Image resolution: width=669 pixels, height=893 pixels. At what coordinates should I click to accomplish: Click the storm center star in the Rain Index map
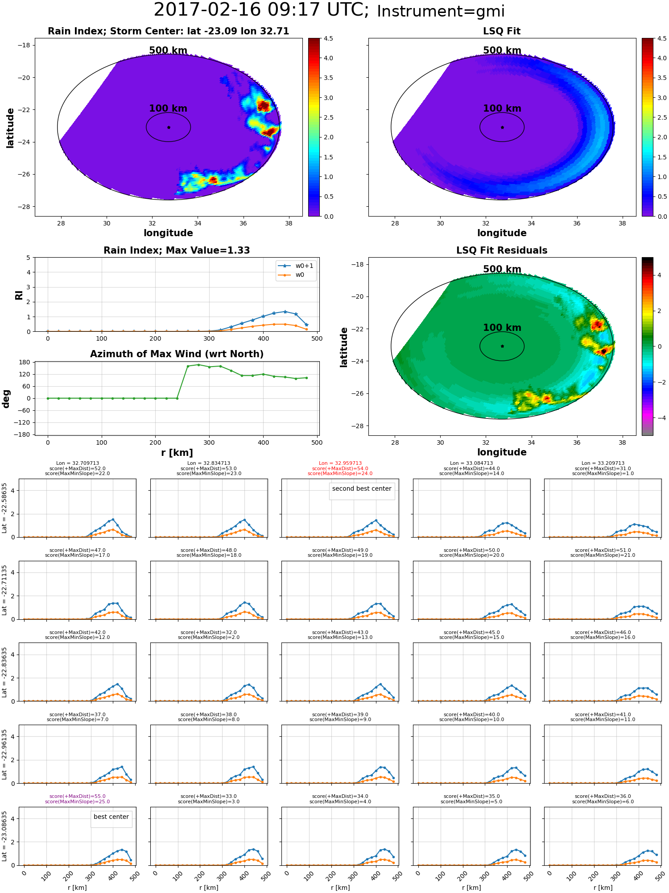tap(169, 127)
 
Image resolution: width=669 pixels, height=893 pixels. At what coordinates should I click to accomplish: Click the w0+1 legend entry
tap(296, 266)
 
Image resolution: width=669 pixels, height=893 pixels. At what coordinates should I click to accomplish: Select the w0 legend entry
tap(296, 275)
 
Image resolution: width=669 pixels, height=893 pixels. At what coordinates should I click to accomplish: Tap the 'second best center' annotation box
tap(362, 489)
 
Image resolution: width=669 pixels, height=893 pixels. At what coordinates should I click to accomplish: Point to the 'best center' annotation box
tap(111, 817)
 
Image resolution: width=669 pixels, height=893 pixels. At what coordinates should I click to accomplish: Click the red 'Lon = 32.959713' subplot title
tap(340, 463)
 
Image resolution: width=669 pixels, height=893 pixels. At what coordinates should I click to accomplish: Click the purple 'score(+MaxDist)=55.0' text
tap(78, 796)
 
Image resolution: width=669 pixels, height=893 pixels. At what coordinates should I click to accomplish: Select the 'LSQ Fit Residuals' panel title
tap(502, 250)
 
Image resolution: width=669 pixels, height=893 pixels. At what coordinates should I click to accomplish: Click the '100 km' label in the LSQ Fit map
tap(502, 108)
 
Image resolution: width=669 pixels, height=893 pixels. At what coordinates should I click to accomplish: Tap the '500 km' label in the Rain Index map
tap(168, 50)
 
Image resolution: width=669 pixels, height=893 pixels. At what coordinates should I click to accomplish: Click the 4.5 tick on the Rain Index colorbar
tap(328, 38)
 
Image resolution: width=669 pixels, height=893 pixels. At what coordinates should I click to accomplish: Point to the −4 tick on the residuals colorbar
tap(659, 418)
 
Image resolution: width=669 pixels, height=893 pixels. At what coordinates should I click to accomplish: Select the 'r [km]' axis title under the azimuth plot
tap(177, 453)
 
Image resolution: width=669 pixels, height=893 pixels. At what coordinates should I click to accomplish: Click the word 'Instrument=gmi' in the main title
tap(441, 11)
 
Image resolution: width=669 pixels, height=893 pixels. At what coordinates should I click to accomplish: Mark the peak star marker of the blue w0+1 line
tap(285, 312)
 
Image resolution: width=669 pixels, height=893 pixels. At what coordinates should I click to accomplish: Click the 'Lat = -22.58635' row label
tap(4, 508)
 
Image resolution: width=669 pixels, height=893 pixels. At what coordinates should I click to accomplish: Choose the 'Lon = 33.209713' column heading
tap(603, 463)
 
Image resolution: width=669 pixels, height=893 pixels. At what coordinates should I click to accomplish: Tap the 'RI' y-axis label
tap(19, 295)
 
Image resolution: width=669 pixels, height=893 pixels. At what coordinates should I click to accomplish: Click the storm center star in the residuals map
tap(502, 346)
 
